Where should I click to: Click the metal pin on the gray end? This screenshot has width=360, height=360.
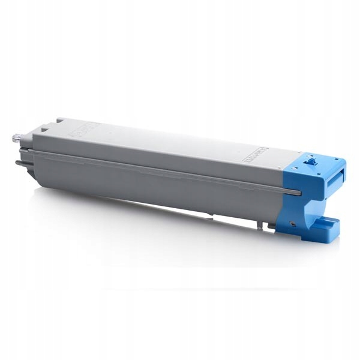[x=16, y=138]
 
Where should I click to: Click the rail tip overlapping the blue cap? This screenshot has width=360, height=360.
[x=296, y=192]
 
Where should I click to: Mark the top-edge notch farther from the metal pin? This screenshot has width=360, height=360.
[x=58, y=123]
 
